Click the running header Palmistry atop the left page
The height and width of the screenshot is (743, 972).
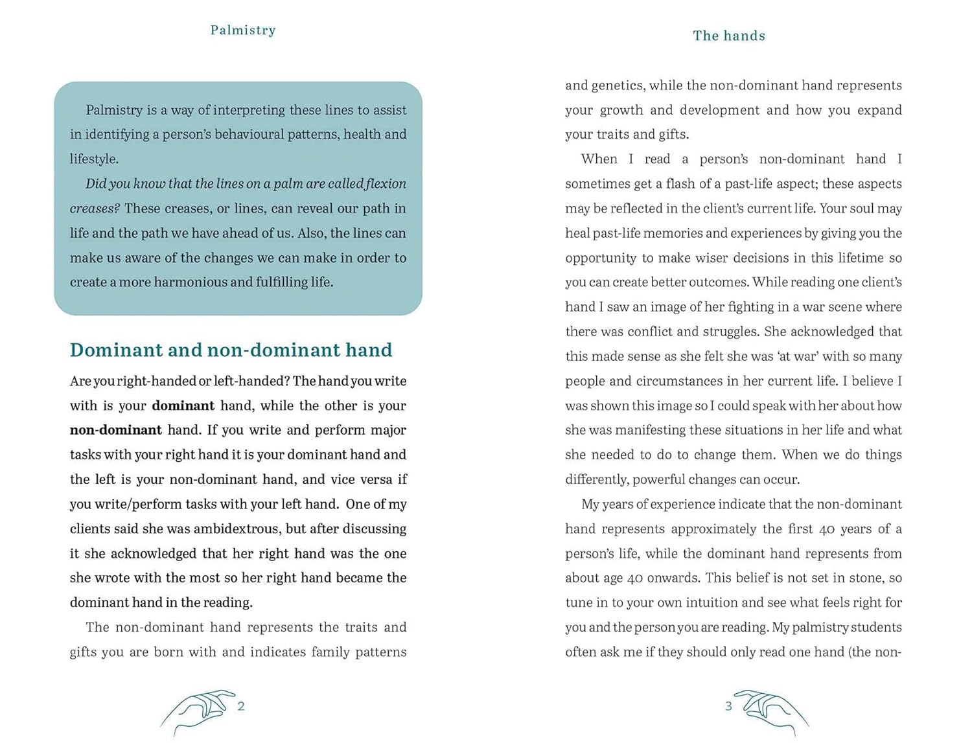pos(243,30)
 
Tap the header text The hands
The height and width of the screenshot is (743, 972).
pos(729,36)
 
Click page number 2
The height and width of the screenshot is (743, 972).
pos(241,706)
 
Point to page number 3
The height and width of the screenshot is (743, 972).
pos(728,706)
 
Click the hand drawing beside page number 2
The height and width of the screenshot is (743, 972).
pos(196,711)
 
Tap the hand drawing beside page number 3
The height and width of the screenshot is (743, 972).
pos(772,711)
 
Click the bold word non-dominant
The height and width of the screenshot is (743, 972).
pos(116,430)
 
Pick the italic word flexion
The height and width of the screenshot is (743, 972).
pos(386,184)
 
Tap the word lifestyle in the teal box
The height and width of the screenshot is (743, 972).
pos(93,159)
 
